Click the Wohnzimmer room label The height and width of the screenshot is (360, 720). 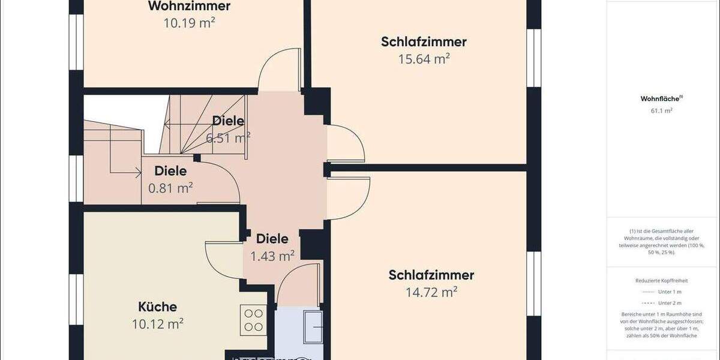[189, 7]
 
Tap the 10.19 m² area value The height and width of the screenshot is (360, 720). [189, 23]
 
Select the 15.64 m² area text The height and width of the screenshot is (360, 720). [424, 59]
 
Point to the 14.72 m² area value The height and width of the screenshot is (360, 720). [431, 292]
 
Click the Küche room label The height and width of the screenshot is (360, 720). [157, 307]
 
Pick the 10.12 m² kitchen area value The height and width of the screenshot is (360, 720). [157, 324]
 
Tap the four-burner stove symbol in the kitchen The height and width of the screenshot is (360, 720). [253, 320]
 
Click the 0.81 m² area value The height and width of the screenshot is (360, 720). [170, 188]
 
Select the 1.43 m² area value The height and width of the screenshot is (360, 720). [272, 256]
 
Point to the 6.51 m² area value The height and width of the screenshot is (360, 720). [228, 137]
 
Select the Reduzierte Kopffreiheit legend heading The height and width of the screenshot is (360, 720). [661, 280]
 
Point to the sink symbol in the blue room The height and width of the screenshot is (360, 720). [315, 328]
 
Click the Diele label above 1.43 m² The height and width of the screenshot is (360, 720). [272, 239]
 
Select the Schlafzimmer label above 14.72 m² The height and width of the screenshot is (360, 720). [431, 275]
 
